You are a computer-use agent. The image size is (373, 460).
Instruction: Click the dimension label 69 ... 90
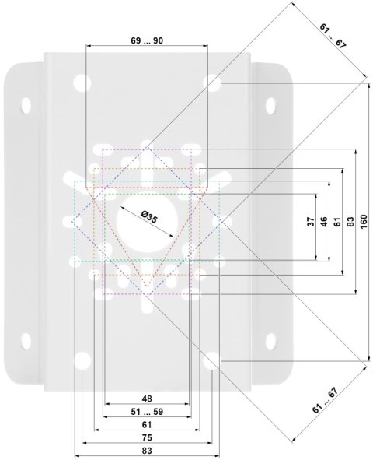[x=147, y=40]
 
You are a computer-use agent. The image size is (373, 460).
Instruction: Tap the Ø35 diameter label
[x=149, y=217]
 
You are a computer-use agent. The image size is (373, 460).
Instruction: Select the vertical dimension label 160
[x=364, y=222]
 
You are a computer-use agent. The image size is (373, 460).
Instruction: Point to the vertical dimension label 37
[x=311, y=222]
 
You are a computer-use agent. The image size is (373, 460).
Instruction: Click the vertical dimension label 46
[x=324, y=222]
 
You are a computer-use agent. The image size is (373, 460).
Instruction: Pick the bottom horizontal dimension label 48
[x=147, y=399]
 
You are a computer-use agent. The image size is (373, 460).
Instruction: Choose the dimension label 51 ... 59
[x=147, y=412]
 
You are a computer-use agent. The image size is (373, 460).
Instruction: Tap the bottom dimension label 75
[x=147, y=437]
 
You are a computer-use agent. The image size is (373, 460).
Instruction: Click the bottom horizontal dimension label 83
[x=147, y=451]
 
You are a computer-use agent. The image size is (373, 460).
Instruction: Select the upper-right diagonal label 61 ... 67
[x=333, y=36]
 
